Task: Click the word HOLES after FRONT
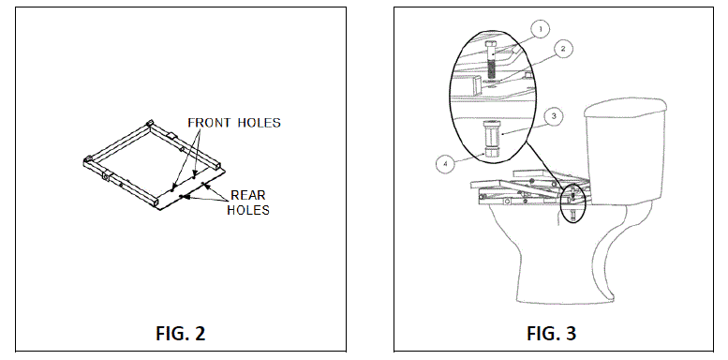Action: coord(259,123)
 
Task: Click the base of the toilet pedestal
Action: coord(562,298)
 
